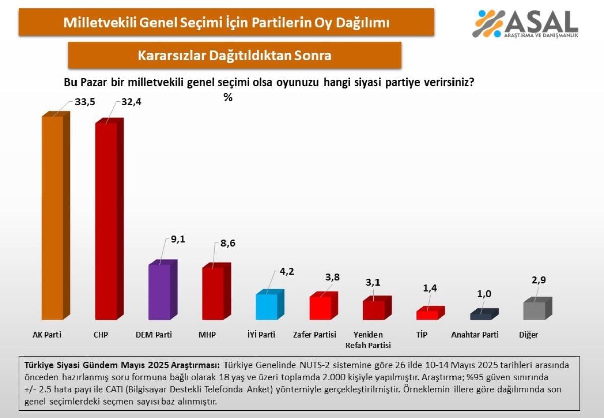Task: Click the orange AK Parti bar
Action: [52, 218]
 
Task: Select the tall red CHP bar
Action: [106, 221]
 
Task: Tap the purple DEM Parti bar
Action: [160, 292]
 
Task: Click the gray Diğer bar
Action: [535, 310]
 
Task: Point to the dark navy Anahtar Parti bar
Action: [481, 316]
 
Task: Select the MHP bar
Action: [213, 293]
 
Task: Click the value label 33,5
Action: [85, 102]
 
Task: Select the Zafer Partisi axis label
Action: [315, 335]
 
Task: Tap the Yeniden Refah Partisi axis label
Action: [368, 340]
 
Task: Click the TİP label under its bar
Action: [422, 335]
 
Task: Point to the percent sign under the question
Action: [228, 98]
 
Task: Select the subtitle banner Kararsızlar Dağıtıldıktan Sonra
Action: [235, 55]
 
